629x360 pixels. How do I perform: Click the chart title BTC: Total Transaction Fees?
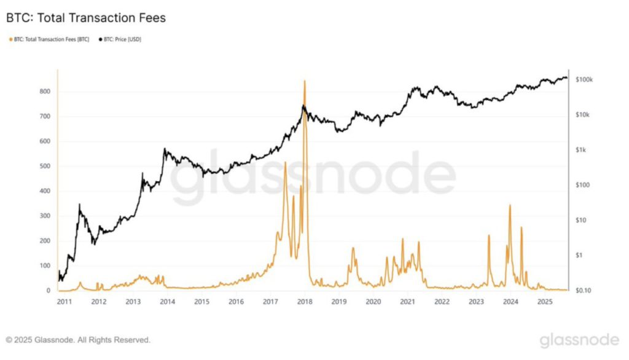(x=86, y=18)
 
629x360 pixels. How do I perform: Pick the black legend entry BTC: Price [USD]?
(x=119, y=39)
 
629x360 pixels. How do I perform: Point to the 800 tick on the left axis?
(x=45, y=92)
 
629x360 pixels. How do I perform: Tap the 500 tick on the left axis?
(x=45, y=166)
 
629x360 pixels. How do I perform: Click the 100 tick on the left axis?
(x=45, y=266)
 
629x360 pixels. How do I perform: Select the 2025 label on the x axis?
(x=544, y=302)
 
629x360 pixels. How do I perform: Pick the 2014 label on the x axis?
(x=167, y=302)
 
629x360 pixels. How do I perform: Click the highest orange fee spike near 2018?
(x=305, y=82)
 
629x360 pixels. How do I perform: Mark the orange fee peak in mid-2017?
(x=285, y=163)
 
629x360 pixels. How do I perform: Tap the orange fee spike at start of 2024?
(x=510, y=206)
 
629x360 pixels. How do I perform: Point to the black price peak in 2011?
(x=79, y=205)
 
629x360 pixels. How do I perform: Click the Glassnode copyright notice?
(x=78, y=339)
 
